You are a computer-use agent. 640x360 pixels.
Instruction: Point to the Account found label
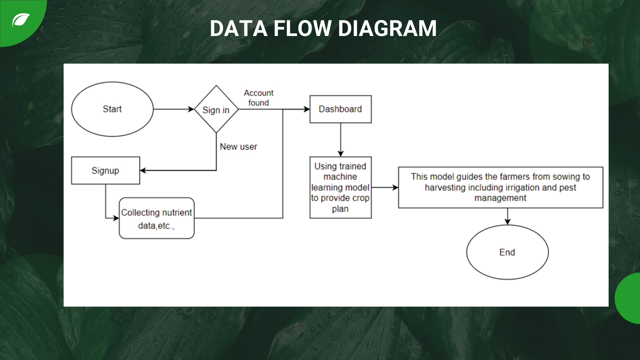(259, 98)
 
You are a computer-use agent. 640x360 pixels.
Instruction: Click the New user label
(238, 147)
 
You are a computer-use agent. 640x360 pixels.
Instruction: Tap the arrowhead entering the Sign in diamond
(191, 109)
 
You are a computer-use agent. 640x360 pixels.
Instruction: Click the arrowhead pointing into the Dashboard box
(307, 109)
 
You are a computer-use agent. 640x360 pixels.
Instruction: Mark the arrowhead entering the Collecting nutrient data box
(116, 218)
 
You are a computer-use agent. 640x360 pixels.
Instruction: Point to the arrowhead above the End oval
(507, 222)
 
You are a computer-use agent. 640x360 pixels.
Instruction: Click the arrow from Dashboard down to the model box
(340, 140)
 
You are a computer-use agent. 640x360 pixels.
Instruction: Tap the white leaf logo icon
(21, 20)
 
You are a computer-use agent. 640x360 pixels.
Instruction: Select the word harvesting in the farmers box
(445, 188)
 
